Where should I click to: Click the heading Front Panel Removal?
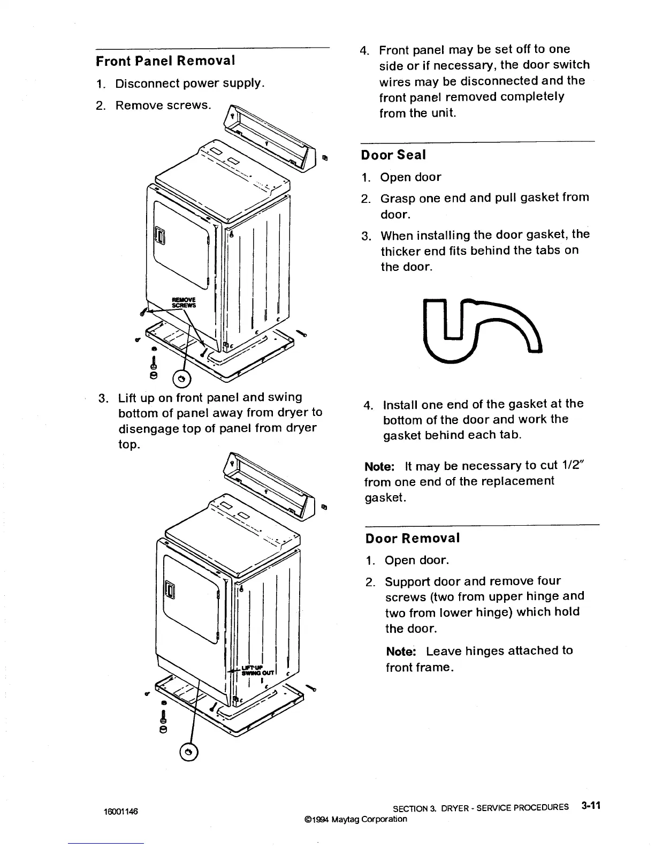click(x=165, y=60)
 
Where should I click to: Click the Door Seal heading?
click(x=393, y=155)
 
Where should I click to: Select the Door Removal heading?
click(x=413, y=538)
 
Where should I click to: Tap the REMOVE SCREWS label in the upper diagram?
click(x=182, y=302)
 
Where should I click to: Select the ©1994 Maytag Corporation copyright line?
click(x=355, y=819)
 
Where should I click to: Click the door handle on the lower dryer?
click(x=170, y=591)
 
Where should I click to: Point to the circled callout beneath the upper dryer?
click(x=183, y=378)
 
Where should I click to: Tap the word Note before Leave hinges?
click(x=401, y=651)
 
